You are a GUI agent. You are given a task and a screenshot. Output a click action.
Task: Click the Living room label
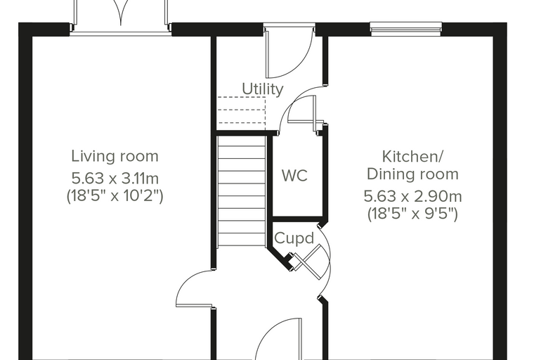[x=115, y=157]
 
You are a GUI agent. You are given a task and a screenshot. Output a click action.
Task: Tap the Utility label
[x=263, y=89]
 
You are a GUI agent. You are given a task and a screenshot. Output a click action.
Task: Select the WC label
[x=294, y=176]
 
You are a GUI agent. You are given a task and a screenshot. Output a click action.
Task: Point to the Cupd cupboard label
[x=294, y=238]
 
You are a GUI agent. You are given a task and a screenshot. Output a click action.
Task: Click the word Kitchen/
[x=412, y=157]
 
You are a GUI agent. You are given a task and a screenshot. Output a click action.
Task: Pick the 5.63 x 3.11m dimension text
[x=115, y=179]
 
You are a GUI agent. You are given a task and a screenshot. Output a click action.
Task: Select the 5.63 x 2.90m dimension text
[x=412, y=196]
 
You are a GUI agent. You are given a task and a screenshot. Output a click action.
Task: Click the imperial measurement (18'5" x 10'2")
[x=115, y=196]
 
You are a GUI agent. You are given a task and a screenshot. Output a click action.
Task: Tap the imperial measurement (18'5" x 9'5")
[x=412, y=214]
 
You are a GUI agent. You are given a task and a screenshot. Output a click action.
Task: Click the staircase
[x=242, y=191]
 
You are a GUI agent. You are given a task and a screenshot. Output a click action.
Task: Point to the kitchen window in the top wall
[x=406, y=29]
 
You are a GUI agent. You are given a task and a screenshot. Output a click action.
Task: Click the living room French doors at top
[x=120, y=17]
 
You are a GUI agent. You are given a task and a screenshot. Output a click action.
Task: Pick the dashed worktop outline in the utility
[x=242, y=110]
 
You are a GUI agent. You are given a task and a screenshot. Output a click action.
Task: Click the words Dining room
[x=412, y=174]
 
